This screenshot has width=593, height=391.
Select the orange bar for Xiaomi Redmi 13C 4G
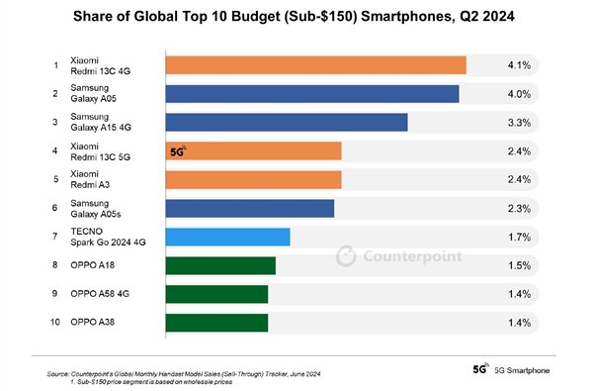[315, 65]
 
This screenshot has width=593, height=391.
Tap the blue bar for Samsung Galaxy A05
[312, 94]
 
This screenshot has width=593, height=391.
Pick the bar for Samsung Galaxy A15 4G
[287, 123]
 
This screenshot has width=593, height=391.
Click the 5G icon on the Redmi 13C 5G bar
[179, 151]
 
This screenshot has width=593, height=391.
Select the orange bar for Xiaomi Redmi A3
[253, 180]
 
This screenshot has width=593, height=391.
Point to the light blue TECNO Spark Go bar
[227, 237]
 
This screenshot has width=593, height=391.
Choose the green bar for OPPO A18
[220, 265]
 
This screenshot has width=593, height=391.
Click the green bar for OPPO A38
[216, 323]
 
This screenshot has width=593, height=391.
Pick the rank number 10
[56, 323]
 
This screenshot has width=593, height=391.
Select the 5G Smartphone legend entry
[514, 368]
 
